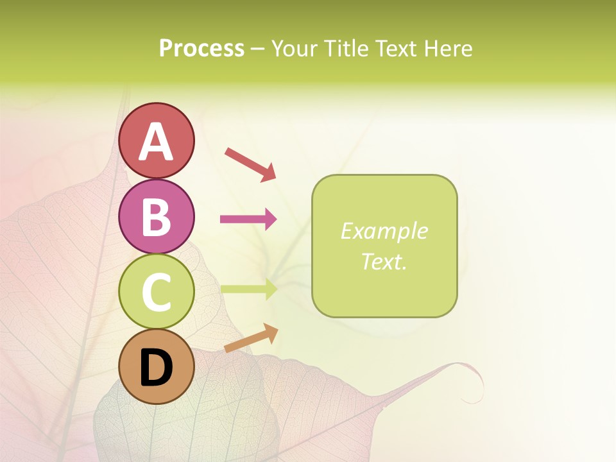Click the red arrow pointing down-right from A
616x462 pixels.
point(250,164)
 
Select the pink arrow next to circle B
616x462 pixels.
point(248,219)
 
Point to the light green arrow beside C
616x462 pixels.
point(248,289)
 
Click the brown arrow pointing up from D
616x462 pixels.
point(251,338)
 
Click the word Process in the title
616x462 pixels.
point(201,49)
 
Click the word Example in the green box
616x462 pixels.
point(384,231)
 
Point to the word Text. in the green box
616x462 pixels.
point(384,262)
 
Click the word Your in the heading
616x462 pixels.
point(293,49)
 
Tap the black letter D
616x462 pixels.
point(157,368)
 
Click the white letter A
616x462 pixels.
point(157,141)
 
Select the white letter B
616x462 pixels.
point(157,217)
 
